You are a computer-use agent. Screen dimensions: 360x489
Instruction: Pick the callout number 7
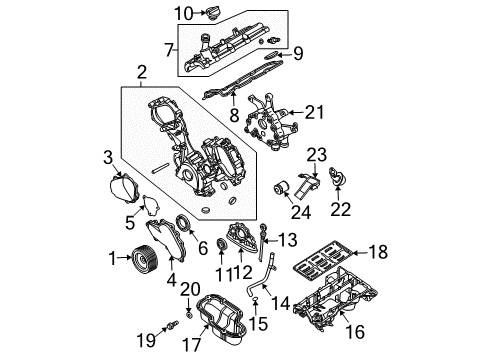[x=168, y=48]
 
